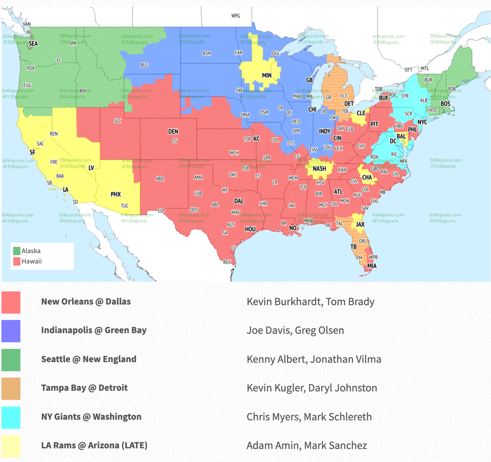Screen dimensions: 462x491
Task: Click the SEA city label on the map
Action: pos(33,44)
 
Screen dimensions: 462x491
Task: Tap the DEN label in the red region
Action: pos(173,131)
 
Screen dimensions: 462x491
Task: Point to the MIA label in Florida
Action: pos(372,266)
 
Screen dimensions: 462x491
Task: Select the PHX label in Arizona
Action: pos(116,194)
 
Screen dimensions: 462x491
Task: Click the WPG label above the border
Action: pos(235,16)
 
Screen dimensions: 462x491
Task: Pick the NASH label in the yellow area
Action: pos(319,169)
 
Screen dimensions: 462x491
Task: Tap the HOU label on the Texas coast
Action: pos(250,229)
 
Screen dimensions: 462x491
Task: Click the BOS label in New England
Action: pos(445,104)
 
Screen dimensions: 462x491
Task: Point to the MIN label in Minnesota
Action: pos(267,75)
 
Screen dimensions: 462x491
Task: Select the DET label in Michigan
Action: pos(349,104)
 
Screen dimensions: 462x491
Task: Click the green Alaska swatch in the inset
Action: pos(17,251)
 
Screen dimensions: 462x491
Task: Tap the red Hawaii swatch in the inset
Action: pos(17,261)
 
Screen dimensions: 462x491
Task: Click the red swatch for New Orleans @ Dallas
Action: pos(11,302)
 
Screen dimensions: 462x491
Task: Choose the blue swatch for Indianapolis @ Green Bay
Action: pos(11,331)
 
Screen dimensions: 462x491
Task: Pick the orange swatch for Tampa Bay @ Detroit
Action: pos(11,388)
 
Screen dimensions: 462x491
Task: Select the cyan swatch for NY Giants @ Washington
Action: pos(11,417)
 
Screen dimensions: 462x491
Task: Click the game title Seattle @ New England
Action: pos(89,359)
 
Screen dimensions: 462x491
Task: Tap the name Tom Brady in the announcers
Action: pos(350,302)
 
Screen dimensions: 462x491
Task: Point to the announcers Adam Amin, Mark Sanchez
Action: pos(307,445)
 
